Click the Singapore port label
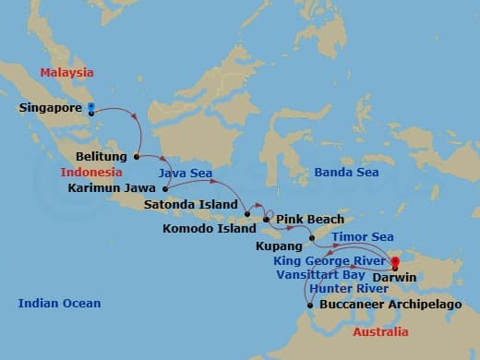click(x=50, y=108)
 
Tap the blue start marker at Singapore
click(x=90, y=109)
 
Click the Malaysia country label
click(x=66, y=73)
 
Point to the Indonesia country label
click(x=91, y=173)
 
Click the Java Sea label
click(x=180, y=173)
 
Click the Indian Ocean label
click(x=59, y=303)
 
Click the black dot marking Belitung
click(x=137, y=156)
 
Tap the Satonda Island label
click(x=195, y=204)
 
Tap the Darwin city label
click(x=396, y=275)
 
